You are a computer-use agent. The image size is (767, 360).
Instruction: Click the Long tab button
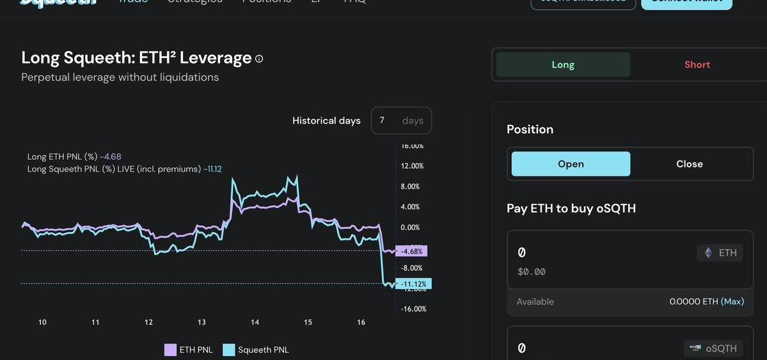point(563,65)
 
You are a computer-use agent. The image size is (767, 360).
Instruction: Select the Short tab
point(697,65)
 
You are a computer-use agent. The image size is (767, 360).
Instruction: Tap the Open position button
point(571,164)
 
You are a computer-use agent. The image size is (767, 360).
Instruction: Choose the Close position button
point(689,164)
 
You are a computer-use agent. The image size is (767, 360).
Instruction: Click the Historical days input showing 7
point(401,120)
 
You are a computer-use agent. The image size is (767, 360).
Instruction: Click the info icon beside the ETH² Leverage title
point(259,59)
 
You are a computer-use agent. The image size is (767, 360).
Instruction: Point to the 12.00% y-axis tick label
point(412,166)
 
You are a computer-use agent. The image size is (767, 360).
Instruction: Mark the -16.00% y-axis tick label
point(413,309)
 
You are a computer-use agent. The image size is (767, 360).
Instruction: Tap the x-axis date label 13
point(202,322)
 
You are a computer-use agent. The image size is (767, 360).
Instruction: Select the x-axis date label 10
point(42,322)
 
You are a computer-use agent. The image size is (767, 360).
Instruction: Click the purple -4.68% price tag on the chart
point(411,251)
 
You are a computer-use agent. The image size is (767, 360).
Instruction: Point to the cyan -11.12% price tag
point(413,283)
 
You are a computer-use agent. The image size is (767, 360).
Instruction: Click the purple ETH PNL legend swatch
point(170,350)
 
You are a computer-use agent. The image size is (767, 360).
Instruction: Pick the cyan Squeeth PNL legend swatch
point(229,350)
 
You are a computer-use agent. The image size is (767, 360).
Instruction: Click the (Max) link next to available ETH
point(732,301)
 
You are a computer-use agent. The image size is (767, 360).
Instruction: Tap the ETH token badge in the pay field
point(720,253)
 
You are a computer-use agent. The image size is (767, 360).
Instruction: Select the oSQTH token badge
point(713,348)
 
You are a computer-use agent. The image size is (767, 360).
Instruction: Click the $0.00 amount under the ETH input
point(532,272)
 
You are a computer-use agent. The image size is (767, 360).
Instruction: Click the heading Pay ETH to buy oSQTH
point(571,208)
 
